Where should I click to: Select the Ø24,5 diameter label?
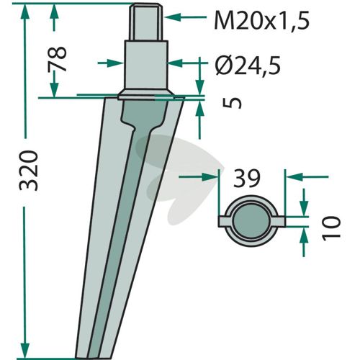[248, 66]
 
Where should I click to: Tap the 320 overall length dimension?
[29, 171]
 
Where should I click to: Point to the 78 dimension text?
[57, 59]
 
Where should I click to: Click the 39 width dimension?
[247, 178]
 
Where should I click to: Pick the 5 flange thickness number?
[232, 103]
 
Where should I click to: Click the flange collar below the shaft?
[146, 94]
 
